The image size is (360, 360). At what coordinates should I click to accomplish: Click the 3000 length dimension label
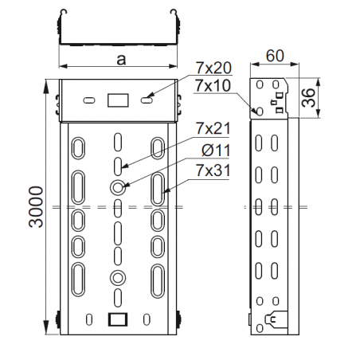coord(36,207)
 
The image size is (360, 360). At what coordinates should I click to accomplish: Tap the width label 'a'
coord(121,60)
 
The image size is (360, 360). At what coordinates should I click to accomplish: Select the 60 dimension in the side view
coord(275,56)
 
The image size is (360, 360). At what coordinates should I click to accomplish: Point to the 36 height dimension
coord(308,98)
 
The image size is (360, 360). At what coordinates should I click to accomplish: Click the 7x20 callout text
coord(213,68)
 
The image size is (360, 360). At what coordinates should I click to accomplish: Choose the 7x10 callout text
coord(213,85)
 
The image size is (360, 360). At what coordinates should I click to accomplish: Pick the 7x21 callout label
coord(213,128)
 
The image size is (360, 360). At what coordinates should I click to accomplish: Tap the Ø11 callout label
coord(216,151)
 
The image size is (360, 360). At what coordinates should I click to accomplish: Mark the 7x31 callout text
coord(213,170)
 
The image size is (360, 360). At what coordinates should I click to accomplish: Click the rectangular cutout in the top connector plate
coord(118,100)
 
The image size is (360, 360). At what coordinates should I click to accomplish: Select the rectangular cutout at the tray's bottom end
coord(118,319)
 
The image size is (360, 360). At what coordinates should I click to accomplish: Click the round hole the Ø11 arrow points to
coord(117,187)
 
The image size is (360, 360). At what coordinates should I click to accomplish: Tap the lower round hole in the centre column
coord(117,278)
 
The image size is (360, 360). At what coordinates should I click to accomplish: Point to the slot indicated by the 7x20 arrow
coord(147,100)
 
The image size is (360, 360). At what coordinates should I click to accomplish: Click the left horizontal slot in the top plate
coord(89,100)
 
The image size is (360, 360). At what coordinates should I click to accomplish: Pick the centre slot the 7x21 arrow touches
coord(118,166)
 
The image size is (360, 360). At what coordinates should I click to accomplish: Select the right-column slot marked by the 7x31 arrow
coord(158,189)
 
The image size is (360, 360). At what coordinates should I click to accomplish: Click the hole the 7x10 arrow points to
coord(260,111)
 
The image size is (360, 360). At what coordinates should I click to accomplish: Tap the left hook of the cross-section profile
coord(63,12)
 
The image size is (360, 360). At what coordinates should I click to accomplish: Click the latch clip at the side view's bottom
coord(276,318)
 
